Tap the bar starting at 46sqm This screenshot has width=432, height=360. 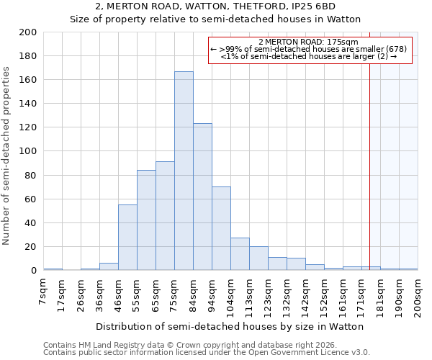(x=127, y=238)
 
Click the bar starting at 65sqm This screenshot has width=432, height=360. (x=165, y=216)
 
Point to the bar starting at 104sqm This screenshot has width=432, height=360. (x=240, y=254)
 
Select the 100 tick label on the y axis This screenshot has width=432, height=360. (x=29, y=151)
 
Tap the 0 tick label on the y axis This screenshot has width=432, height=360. (x=34, y=271)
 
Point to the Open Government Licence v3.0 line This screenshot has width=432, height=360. (x=206, y=353)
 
